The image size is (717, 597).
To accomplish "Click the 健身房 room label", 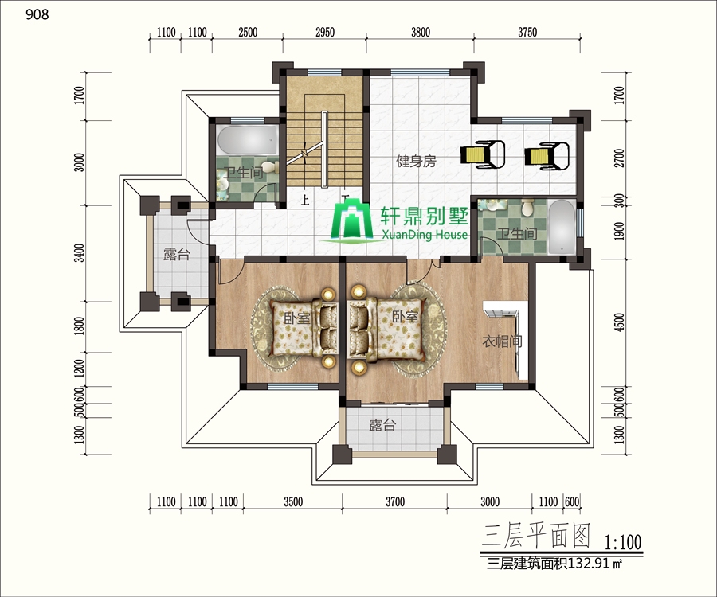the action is (416, 162).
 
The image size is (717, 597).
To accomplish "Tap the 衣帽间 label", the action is (502, 341).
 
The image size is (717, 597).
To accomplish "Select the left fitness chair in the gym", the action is (483, 155).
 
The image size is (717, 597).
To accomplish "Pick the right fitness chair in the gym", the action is (547, 156).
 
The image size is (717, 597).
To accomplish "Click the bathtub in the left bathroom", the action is (248, 140).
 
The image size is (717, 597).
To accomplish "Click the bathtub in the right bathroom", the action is (562, 227).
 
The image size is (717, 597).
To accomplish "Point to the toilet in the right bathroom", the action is (528, 208).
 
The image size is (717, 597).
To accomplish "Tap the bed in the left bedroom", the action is (304, 329).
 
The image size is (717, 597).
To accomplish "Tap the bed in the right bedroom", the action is (385, 329).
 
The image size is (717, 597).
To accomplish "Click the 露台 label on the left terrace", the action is (177, 254).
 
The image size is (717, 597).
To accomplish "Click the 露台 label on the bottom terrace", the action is (382, 425).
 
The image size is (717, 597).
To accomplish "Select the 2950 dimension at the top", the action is (325, 33).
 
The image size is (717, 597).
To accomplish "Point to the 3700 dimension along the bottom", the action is (394, 502).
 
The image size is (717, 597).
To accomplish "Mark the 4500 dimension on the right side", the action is (619, 322).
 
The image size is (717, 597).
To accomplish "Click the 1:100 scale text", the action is (623, 542).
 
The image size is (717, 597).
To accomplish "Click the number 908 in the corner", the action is (37, 14).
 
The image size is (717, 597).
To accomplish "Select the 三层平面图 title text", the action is (536, 536).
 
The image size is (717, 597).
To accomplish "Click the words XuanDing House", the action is (425, 235).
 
